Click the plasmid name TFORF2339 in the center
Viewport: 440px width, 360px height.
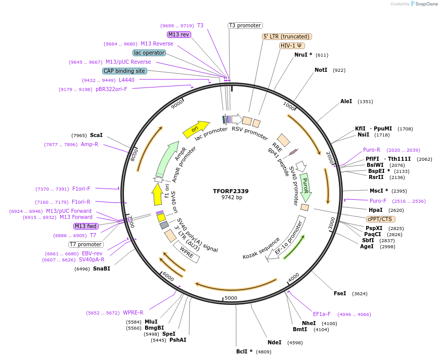pyautogui.click(x=231, y=191)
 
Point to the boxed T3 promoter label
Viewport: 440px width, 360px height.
pyautogui.click(x=245, y=25)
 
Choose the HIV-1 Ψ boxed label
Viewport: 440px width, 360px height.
pyautogui.click(x=292, y=46)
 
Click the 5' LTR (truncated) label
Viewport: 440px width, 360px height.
pyautogui.click(x=287, y=36)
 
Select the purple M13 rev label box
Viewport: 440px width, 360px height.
pyautogui.click(x=179, y=34)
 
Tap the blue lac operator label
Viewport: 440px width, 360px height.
pyautogui.click(x=149, y=53)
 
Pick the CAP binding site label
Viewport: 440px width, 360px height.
pyautogui.click(x=124, y=71)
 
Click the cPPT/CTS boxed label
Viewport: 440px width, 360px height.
pyautogui.click(x=381, y=219)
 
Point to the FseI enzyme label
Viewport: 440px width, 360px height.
pyautogui.click(x=340, y=293)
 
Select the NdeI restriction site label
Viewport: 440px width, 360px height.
pyautogui.click(x=274, y=342)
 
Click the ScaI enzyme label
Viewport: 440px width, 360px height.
pyautogui.click(x=96, y=135)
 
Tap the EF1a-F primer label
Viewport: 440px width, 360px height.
pyautogui.click(x=322, y=314)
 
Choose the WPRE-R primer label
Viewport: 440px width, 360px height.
pyautogui.click(x=133, y=312)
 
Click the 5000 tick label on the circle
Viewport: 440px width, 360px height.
pyautogui.click(x=231, y=298)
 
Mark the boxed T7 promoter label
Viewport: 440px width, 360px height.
pyautogui.click(x=86, y=245)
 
